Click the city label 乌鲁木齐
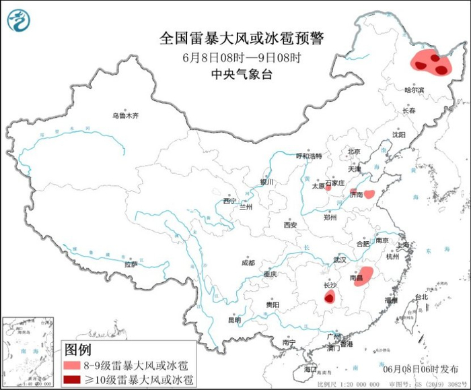point(125,116)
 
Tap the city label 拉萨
point(131,264)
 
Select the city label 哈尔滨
point(414,90)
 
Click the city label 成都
point(248,263)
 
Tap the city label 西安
point(290,225)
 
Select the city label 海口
point(310,370)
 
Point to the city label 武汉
point(339,259)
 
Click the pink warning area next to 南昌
point(364,275)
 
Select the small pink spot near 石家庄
point(328,188)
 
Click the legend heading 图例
point(77,349)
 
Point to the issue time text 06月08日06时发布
point(419,368)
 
